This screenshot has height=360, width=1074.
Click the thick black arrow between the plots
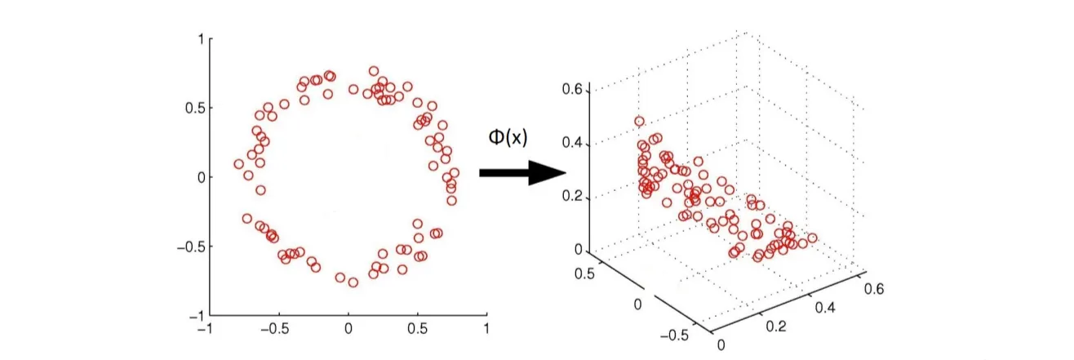[x=522, y=172]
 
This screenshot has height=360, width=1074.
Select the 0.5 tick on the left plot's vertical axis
[x=194, y=108]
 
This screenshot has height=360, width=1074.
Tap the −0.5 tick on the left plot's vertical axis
[x=190, y=246]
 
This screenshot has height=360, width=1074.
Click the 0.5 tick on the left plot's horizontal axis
[x=417, y=329]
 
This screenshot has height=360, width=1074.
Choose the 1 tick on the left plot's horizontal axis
[x=486, y=329]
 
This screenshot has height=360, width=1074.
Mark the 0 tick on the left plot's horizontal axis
[x=348, y=329]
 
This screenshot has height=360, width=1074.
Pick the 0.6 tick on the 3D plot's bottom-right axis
[x=876, y=287]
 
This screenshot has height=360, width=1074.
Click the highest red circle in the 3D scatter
[x=639, y=122]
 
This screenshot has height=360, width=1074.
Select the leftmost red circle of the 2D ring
[x=239, y=164]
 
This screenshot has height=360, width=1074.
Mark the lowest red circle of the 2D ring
[x=353, y=282]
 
